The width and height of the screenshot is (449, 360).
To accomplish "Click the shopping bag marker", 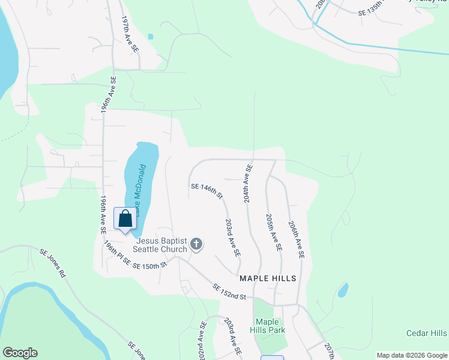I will pos(125,219).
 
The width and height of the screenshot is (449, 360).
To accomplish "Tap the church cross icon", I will pos(196,244).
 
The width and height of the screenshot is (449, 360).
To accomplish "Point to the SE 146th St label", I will pos(207,191).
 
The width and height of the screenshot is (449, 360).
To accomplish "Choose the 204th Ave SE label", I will pos(248,183).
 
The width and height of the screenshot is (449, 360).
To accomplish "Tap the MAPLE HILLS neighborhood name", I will pos(268,278).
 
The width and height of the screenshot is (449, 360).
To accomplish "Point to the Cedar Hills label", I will pos(426,333).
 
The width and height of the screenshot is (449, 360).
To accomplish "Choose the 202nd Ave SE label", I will pos(201,341).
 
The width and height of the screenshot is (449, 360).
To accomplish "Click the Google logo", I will pos(20,353).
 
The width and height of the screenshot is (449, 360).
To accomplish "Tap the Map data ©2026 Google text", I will pos(411,355).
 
